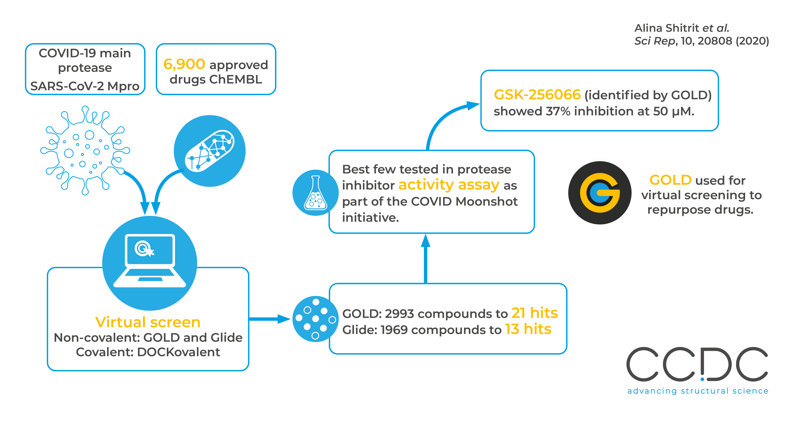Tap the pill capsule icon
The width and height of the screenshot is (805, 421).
[x=209, y=151]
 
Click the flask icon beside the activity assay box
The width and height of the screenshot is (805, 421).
[x=315, y=193]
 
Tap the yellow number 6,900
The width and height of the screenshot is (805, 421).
[x=184, y=64]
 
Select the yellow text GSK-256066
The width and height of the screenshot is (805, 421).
[x=537, y=95]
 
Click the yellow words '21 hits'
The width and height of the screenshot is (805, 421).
[x=534, y=313]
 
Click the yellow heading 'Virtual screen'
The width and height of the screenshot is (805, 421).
[x=148, y=322]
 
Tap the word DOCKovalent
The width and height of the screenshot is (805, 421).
[x=178, y=352]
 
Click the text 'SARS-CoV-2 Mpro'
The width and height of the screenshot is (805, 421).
[x=85, y=86]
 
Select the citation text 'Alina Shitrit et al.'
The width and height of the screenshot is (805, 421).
[x=682, y=28]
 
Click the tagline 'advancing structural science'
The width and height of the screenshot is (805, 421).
[x=697, y=391]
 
